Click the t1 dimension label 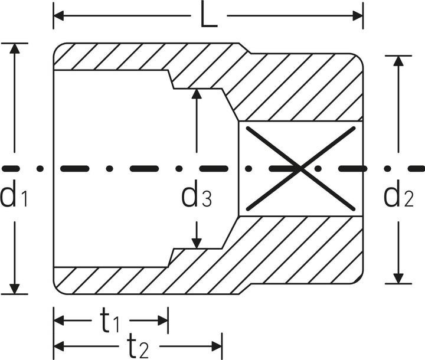click(110, 321)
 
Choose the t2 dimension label click(138, 346)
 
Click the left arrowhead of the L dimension click(59, 16)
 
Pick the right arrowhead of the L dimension click(358, 16)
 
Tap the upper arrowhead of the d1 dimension click(14, 48)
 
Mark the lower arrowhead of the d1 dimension click(14, 289)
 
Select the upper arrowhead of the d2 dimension click(398, 61)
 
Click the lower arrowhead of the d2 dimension click(398, 279)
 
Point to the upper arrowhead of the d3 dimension click(197, 93)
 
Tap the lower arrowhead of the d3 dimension click(197, 243)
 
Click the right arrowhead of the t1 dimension click(163, 320)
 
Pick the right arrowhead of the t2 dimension click(217, 346)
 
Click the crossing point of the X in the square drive click(300, 169)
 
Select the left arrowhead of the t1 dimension click(59, 320)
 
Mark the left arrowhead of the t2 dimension click(59, 346)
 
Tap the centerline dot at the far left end click(40, 169)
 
